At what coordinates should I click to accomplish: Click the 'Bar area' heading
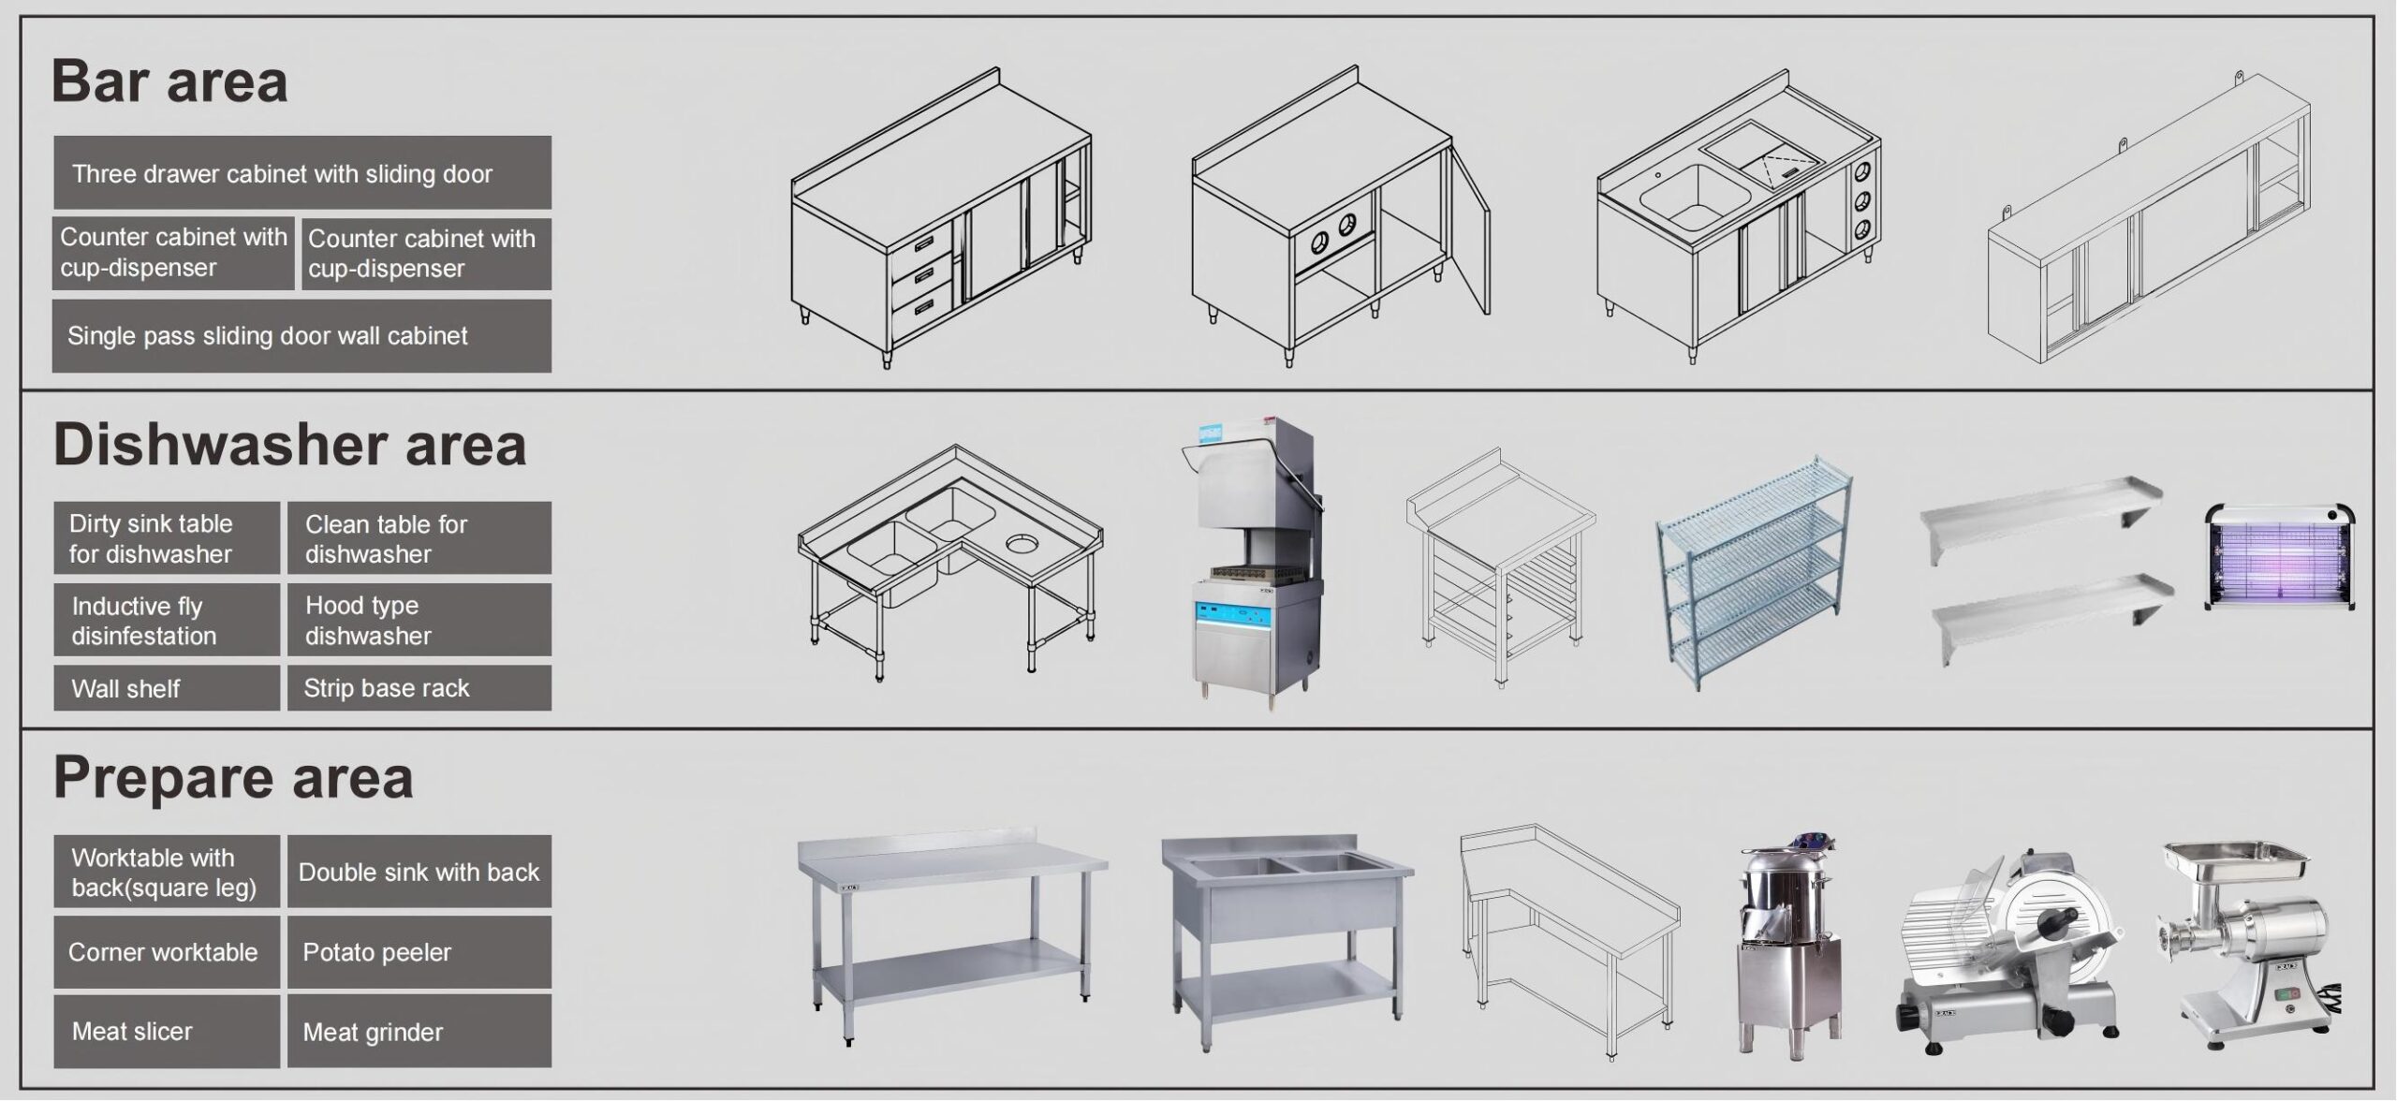tap(169, 81)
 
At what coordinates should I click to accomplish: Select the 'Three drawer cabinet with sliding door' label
tap(282, 174)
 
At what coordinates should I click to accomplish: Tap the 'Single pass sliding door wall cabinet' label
tap(267, 336)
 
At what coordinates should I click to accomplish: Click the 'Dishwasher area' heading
tap(289, 444)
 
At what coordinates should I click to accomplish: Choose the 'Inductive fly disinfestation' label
tap(144, 621)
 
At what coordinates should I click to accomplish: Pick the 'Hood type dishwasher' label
tap(368, 621)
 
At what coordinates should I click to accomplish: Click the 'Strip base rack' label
tap(386, 688)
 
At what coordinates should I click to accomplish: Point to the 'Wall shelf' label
tap(125, 689)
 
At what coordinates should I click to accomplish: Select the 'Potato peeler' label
tap(376, 952)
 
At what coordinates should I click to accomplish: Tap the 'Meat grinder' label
tap(373, 1032)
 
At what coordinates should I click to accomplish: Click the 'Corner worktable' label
tap(163, 952)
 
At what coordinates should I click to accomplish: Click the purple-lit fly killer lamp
tap(2280, 556)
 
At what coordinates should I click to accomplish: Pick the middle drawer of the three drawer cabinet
tap(920, 273)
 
